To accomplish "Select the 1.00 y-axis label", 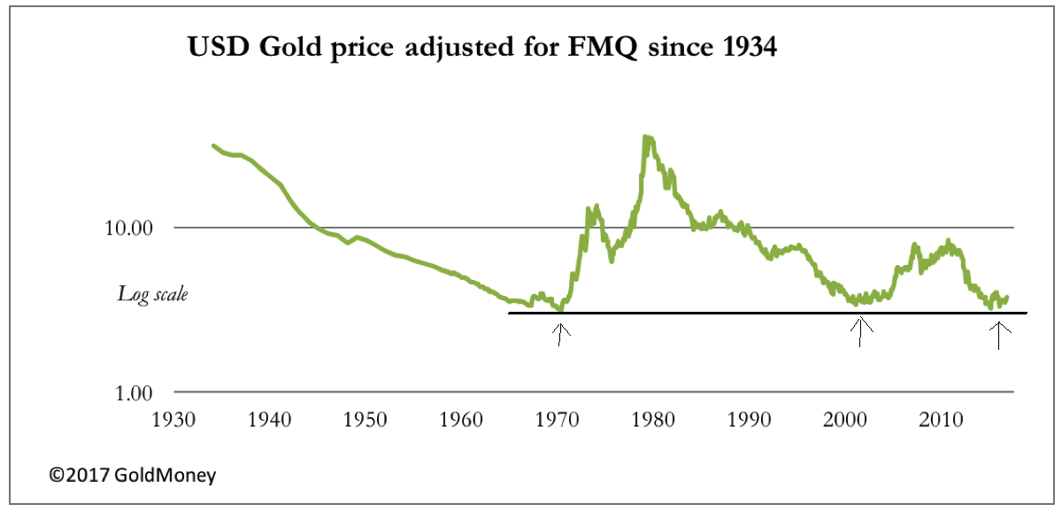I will click(x=134, y=392).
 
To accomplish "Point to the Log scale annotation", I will click(x=152, y=294).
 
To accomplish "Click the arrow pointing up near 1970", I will click(x=560, y=334).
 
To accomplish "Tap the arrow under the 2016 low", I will click(x=999, y=334).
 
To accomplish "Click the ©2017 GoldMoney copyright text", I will click(x=132, y=476).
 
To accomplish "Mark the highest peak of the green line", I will click(x=647, y=137).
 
